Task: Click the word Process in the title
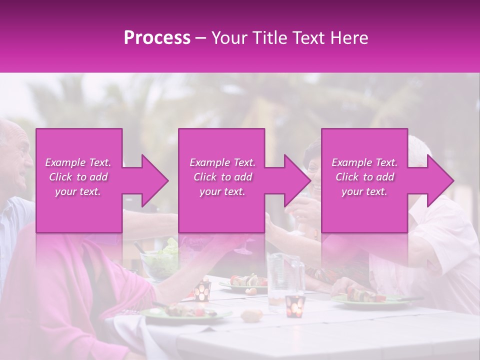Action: click(157, 38)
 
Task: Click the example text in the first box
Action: click(78, 177)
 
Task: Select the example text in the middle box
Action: click(222, 177)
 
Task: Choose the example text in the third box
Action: click(364, 177)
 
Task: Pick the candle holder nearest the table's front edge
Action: click(295, 305)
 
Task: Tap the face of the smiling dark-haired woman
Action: click(315, 172)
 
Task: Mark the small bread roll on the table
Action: click(251, 315)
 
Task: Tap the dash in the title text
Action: click(201, 38)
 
